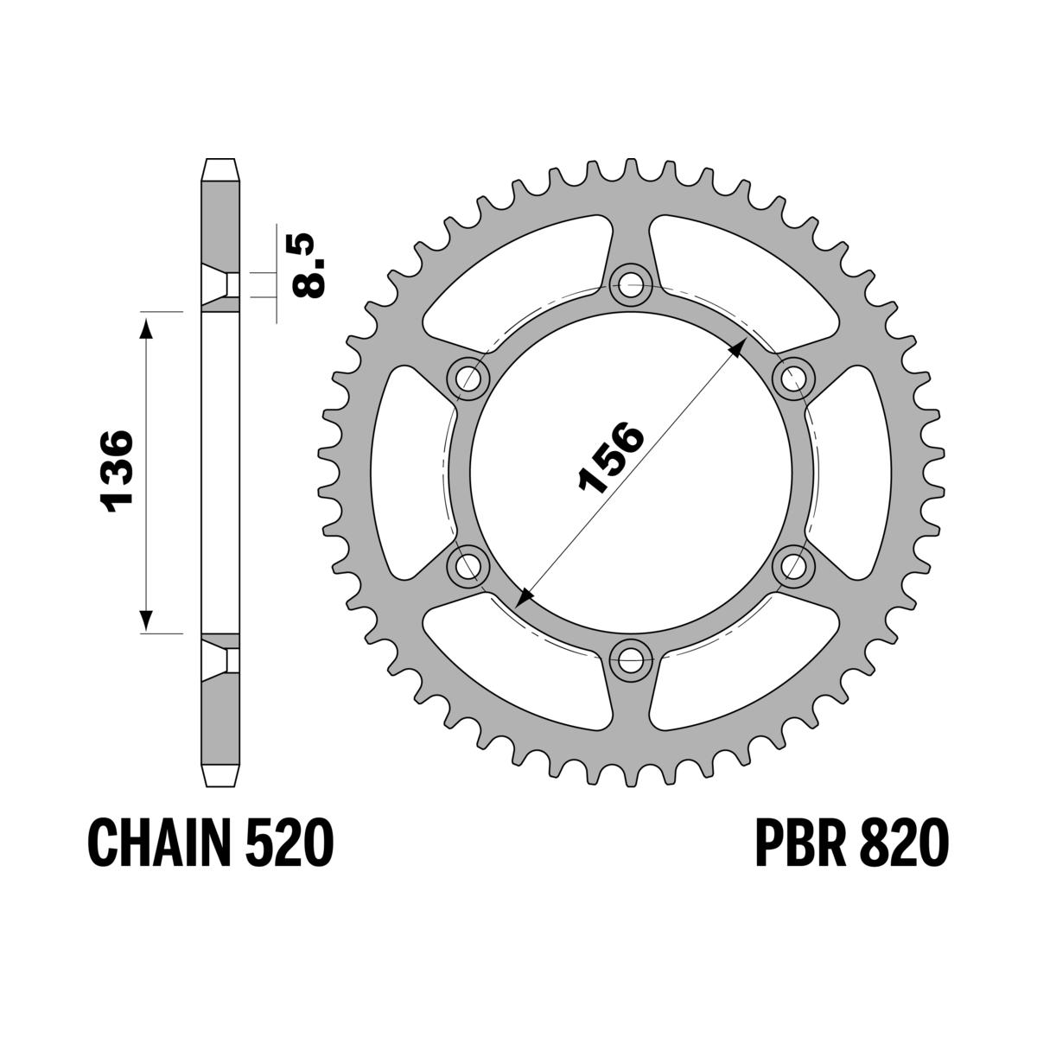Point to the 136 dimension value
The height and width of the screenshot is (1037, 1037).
click(116, 471)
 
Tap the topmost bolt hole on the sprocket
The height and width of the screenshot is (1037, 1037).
click(630, 283)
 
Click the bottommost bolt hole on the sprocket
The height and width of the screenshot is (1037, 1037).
click(630, 662)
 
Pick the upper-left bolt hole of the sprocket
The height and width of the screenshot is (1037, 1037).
click(468, 377)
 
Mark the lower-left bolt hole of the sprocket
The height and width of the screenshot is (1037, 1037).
click(468, 566)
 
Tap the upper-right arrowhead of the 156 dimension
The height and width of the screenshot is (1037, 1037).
click(737, 347)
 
